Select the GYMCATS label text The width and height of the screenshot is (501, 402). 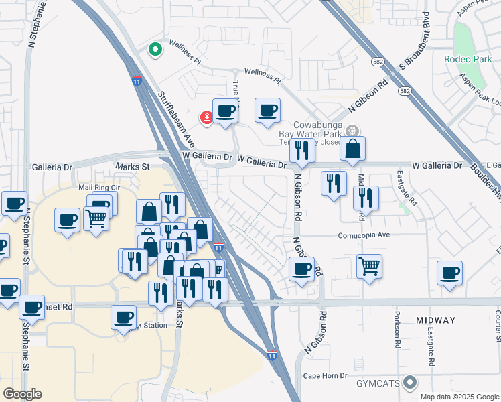pos(377,384)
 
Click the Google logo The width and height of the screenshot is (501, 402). pos(22,394)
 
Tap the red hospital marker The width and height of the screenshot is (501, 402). pos(207,118)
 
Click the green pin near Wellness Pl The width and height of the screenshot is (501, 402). pos(155,50)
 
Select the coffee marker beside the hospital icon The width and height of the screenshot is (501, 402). pos(226,111)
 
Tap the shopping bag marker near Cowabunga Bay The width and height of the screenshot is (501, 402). pos(352,149)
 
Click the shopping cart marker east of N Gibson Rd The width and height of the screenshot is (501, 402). pos(370,266)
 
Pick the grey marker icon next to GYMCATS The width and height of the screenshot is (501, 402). pos(411,383)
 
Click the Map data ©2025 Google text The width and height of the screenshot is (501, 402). pos(459,397)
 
